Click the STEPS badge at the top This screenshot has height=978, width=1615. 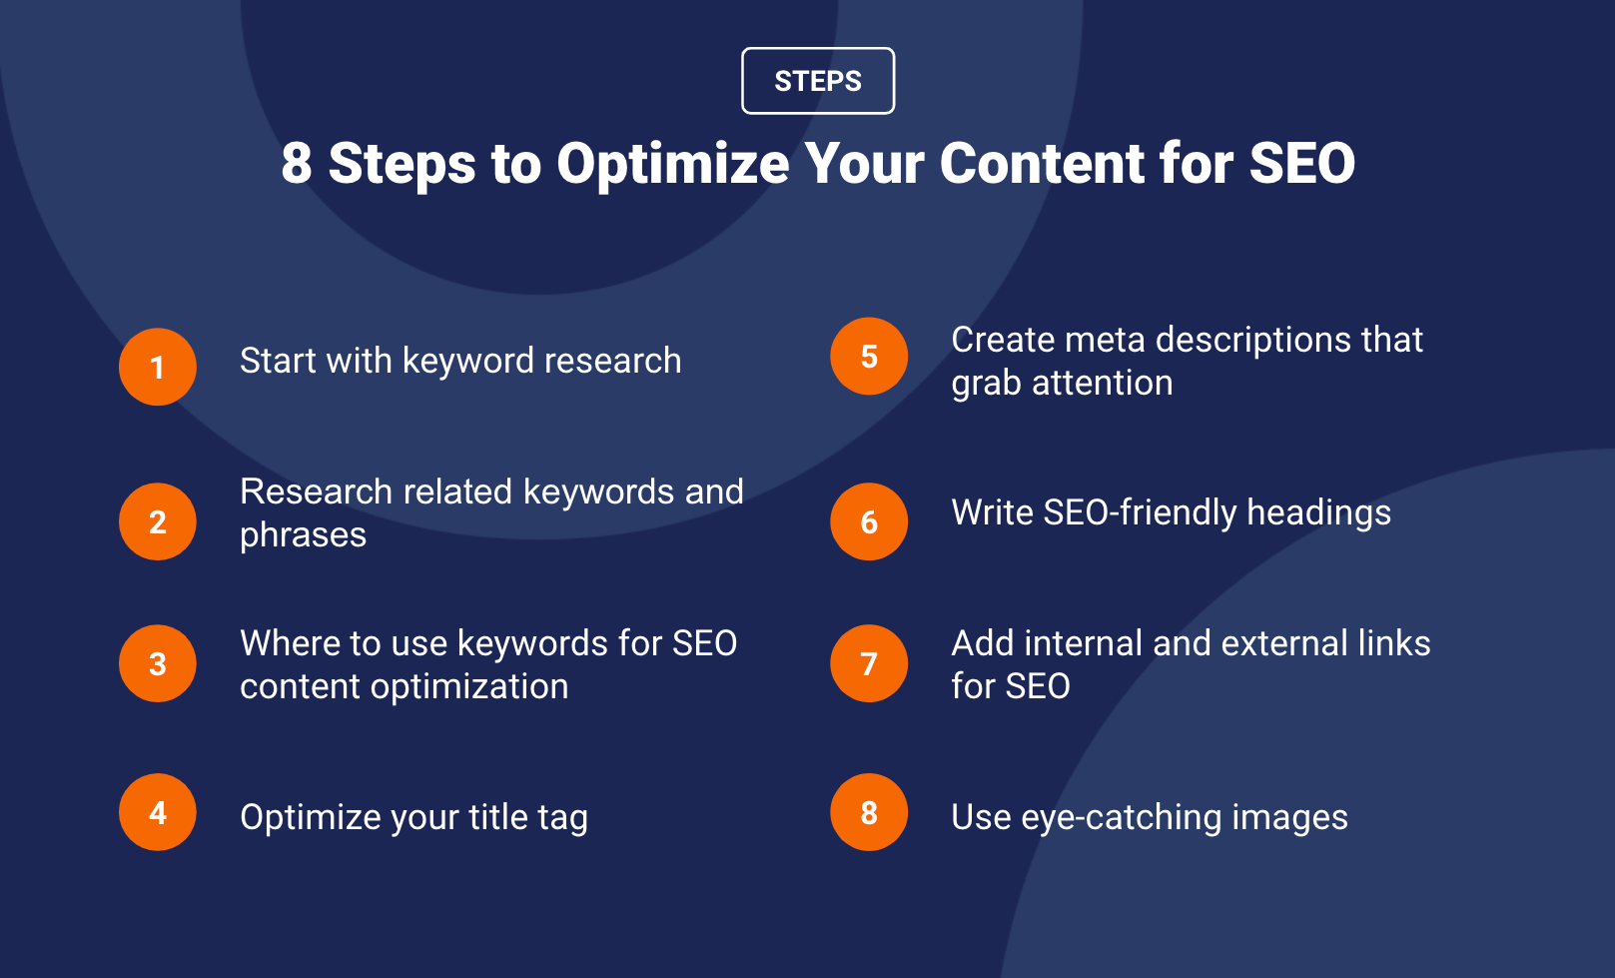tap(818, 81)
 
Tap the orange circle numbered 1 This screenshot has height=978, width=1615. tap(157, 367)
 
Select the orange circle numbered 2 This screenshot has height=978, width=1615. tap(157, 521)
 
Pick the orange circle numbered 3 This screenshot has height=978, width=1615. tap(157, 663)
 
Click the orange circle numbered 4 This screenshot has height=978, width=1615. tap(157, 812)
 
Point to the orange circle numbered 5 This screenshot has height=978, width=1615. tap(869, 357)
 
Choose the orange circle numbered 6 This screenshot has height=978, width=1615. tap(869, 521)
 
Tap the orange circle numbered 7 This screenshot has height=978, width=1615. tap(869, 663)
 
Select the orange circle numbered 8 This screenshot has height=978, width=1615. tap(869, 812)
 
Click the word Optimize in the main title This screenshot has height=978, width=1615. tap(673, 165)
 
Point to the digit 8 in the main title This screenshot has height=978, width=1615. tap(297, 163)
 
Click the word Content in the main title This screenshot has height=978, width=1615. tap(1042, 163)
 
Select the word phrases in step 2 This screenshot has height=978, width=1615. tap(303, 535)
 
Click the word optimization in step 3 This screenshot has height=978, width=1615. tap(469, 686)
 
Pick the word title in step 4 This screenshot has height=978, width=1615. tap(498, 817)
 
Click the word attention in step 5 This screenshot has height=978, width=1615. tap(1103, 383)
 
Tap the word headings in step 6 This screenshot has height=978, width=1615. tap(1318, 513)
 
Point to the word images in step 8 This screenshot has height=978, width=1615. tap(1289, 818)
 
